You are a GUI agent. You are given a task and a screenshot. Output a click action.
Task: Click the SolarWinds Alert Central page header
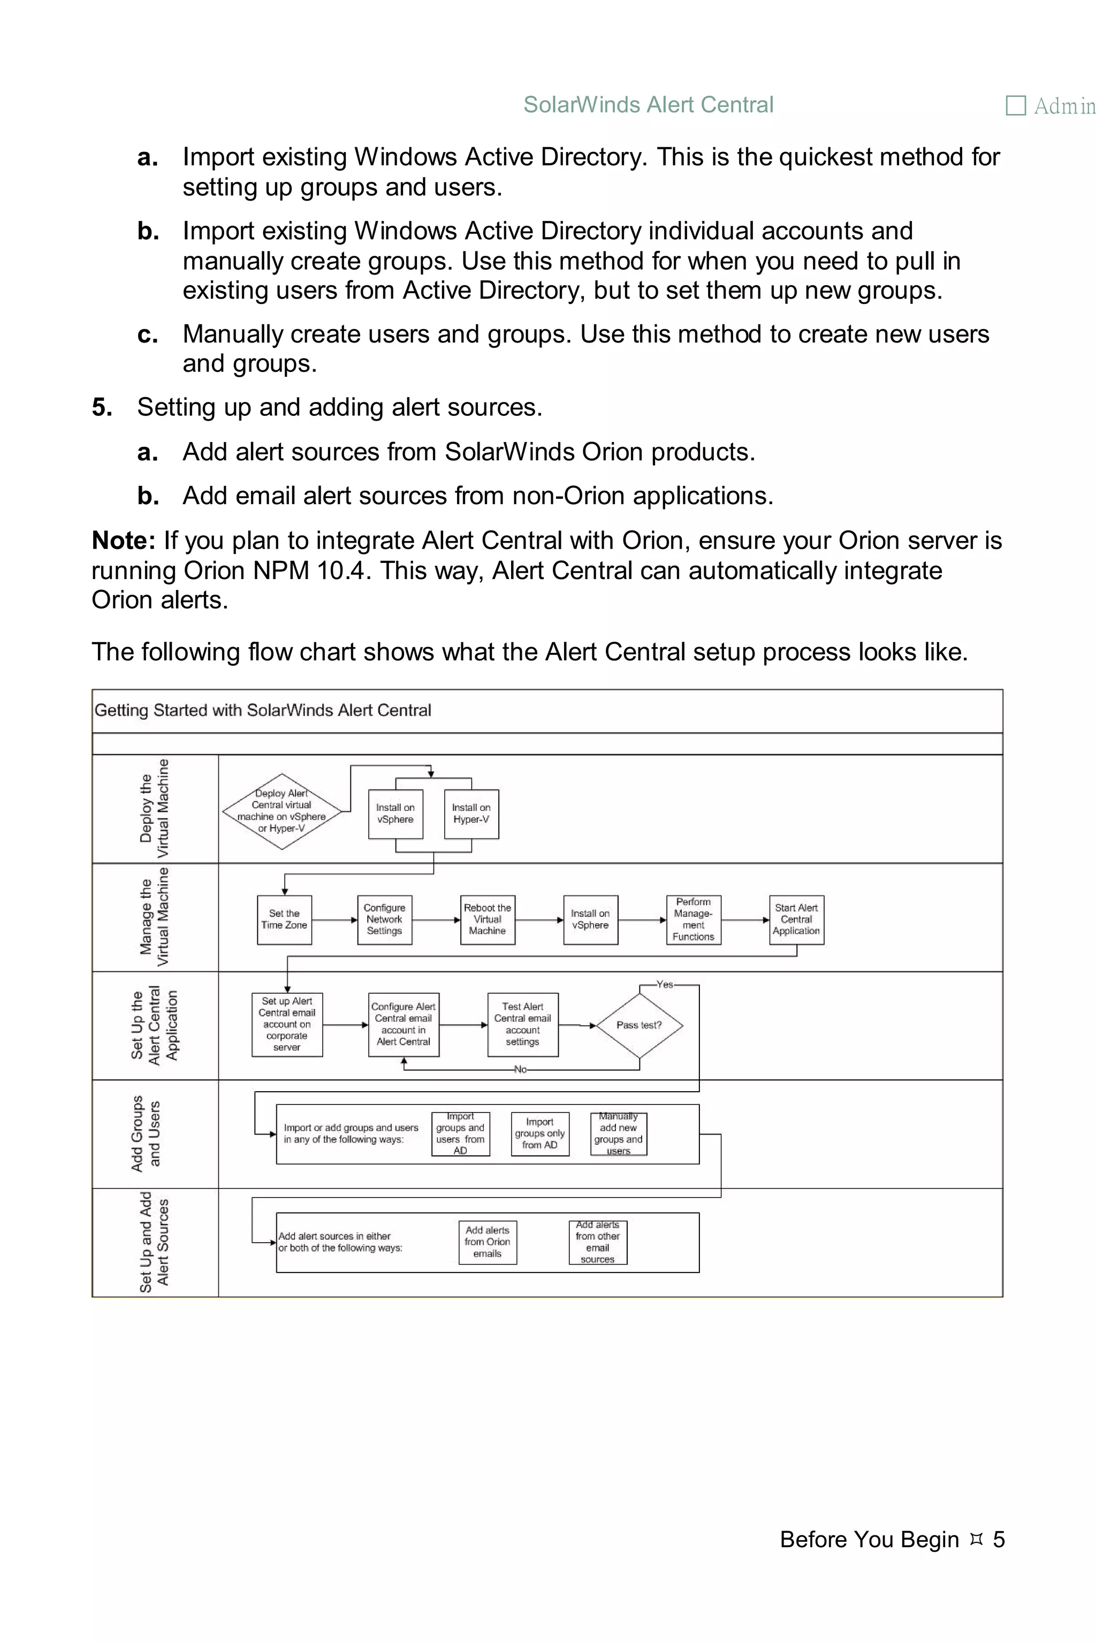(648, 105)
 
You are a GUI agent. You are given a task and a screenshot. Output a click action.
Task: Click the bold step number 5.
(102, 407)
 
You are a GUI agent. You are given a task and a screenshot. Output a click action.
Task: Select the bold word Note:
(124, 541)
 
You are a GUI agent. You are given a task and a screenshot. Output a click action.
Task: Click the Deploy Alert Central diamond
(281, 811)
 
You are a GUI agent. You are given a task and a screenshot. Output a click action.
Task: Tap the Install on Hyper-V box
(471, 813)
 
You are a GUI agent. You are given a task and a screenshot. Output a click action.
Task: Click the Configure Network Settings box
(384, 919)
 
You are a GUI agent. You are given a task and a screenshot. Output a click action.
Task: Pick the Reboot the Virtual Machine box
(487, 919)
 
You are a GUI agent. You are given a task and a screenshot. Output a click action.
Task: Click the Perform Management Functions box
(694, 919)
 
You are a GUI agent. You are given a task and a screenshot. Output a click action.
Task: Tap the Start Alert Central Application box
(796, 919)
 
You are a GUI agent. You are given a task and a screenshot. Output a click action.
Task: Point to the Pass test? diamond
(639, 1025)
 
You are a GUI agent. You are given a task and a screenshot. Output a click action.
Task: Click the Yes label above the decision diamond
(664, 984)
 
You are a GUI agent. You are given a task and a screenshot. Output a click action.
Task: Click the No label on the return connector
(520, 1069)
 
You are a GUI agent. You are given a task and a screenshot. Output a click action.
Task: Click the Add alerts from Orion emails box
(487, 1242)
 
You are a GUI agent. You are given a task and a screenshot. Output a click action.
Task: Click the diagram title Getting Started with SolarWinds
(263, 710)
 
